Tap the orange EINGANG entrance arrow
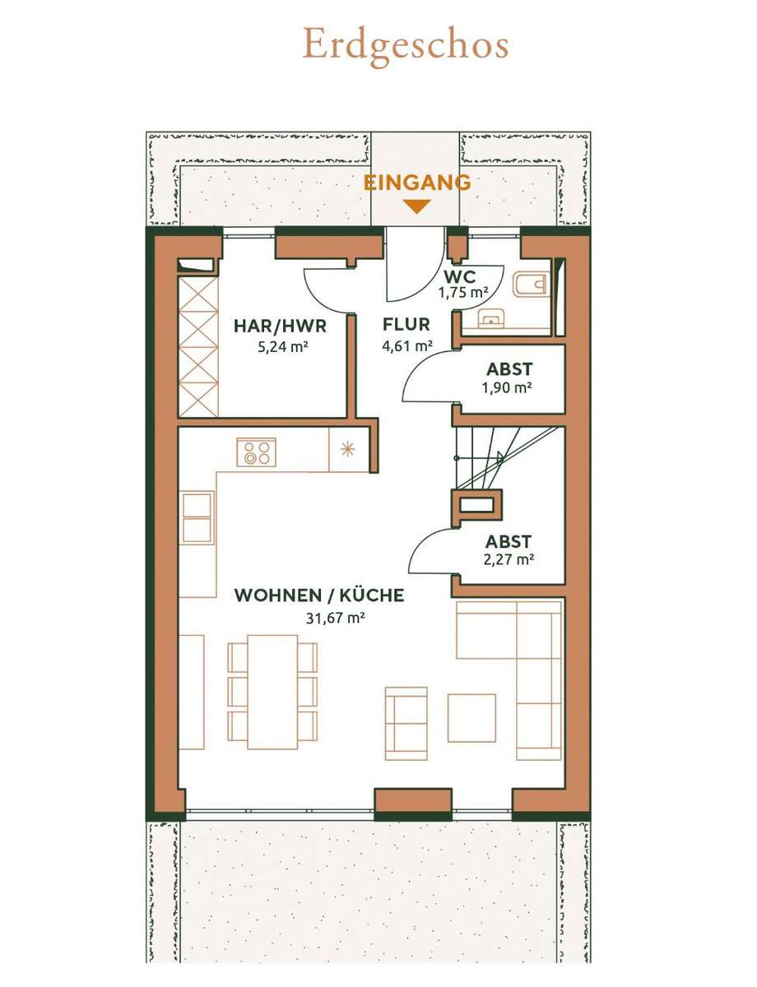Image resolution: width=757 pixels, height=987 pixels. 418,206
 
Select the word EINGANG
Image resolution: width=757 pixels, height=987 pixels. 417,183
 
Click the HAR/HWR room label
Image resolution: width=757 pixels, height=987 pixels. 280,327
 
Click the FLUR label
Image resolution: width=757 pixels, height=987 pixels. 406,324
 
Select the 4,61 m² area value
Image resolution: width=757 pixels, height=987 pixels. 407,345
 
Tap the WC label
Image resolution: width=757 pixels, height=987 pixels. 460,276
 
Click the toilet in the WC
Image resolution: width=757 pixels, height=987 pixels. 532,285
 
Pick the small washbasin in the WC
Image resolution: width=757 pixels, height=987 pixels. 490,319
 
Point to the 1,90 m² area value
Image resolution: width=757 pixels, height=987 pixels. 507,387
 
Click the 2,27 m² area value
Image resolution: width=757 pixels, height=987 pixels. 508,559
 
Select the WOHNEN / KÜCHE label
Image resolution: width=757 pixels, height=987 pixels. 319,595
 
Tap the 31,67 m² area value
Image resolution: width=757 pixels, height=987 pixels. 336,618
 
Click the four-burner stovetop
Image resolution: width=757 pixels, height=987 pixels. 256,452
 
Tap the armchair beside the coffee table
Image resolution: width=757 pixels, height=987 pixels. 406,723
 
